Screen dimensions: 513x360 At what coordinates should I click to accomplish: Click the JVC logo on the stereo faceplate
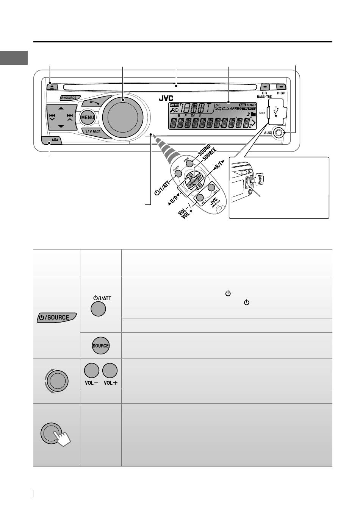pyautogui.click(x=166, y=98)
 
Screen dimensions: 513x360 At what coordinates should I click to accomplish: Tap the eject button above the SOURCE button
pyautogui.click(x=52, y=86)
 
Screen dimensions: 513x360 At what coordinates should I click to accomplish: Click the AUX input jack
pyautogui.click(x=279, y=133)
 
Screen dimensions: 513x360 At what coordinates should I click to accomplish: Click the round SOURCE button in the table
pyautogui.click(x=100, y=346)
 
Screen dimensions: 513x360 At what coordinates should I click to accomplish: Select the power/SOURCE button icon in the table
pyautogui.click(x=57, y=317)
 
